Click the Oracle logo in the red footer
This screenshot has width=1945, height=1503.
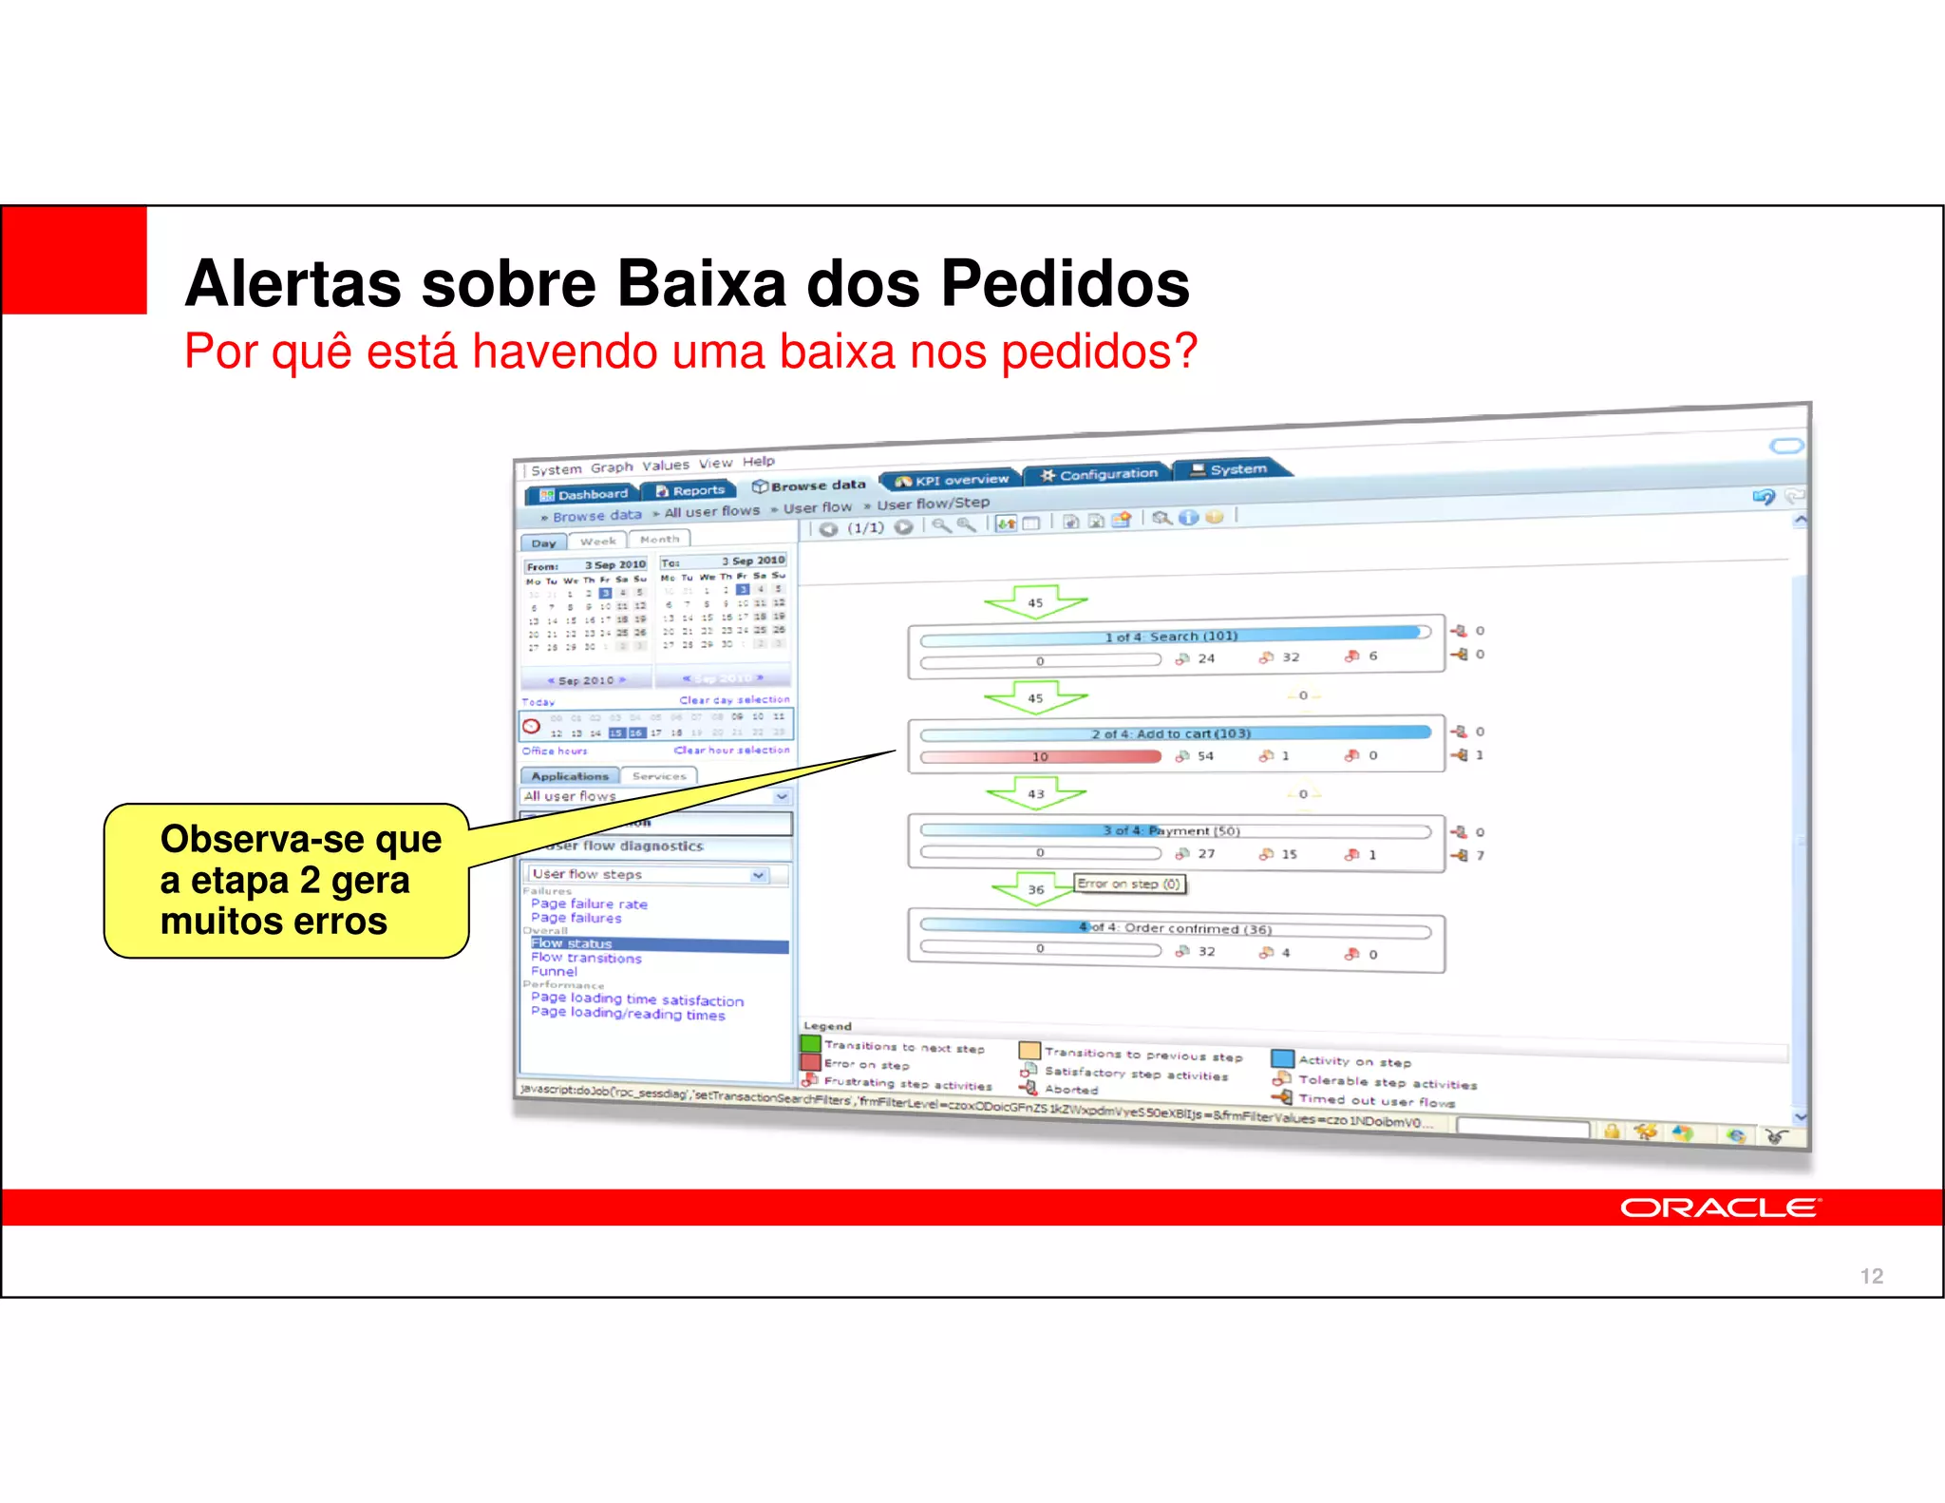click(x=1719, y=1208)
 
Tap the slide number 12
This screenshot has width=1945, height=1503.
click(x=1871, y=1276)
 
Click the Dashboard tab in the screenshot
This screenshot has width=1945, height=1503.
click(x=583, y=494)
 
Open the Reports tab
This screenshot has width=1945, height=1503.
click(x=689, y=490)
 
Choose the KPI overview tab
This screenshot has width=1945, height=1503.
click(x=952, y=480)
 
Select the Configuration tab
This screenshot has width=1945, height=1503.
click(x=1099, y=473)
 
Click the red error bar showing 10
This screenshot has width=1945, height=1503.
click(x=1041, y=756)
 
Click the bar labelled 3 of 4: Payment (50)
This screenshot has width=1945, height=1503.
click(x=1174, y=830)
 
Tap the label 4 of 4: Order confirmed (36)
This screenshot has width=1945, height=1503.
click(x=1176, y=928)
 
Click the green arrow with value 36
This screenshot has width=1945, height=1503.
click(x=1035, y=889)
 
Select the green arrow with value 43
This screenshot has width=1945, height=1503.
click(x=1035, y=793)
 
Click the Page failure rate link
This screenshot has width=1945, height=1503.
click(x=589, y=904)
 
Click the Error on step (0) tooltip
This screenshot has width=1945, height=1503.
click(x=1129, y=884)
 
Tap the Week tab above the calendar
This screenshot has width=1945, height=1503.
click(x=598, y=541)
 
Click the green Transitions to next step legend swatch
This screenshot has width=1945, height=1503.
click(x=810, y=1044)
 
